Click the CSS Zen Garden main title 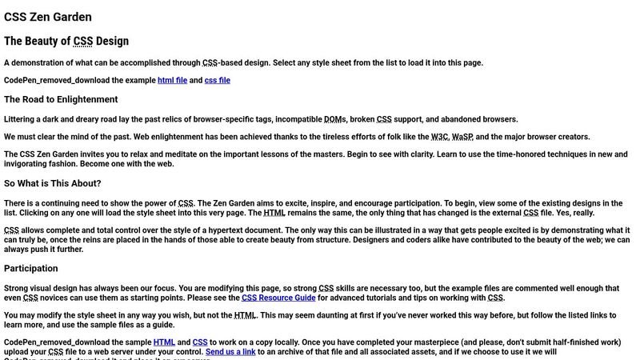[x=47, y=16]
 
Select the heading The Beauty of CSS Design [x=66, y=41]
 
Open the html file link [x=172, y=80]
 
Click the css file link [x=217, y=80]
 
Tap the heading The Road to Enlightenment [x=61, y=100]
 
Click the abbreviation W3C [x=439, y=137]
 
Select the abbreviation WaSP [x=462, y=137]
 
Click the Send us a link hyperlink [x=230, y=352]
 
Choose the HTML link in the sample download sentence [x=164, y=342]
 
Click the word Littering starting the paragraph [x=22, y=119]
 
